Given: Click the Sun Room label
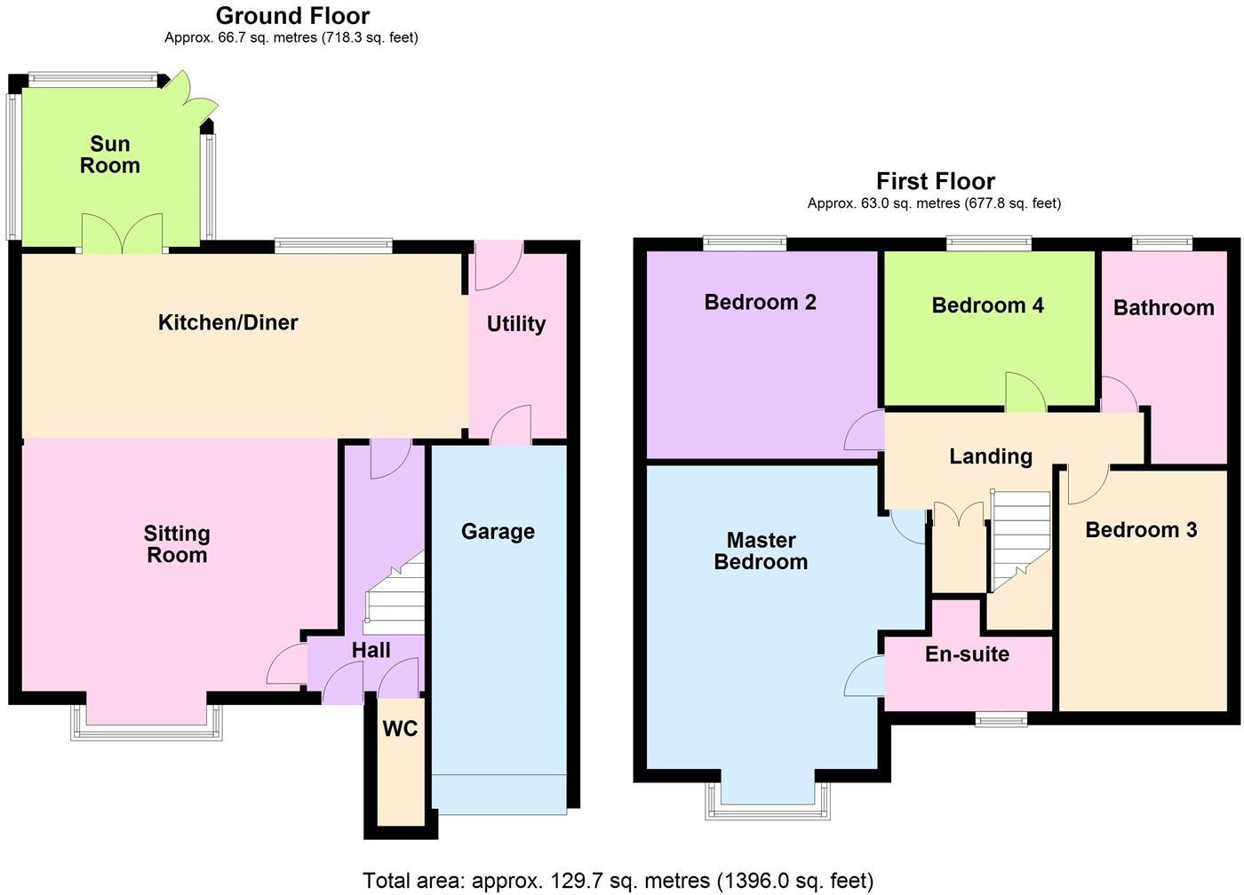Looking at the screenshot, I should pyautogui.click(x=110, y=154).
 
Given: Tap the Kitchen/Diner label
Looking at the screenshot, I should pyautogui.click(x=227, y=322).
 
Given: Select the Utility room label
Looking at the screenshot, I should pyautogui.click(x=515, y=324).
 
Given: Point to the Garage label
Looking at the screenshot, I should pyautogui.click(x=498, y=532).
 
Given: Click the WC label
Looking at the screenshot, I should pyautogui.click(x=400, y=729).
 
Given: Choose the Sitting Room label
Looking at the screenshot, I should pyautogui.click(x=177, y=544).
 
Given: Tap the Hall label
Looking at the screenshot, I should pyautogui.click(x=371, y=650).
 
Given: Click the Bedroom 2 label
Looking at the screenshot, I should pyautogui.click(x=760, y=302).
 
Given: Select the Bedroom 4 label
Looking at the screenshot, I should pyautogui.click(x=987, y=305).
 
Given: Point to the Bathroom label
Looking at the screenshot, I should pyautogui.click(x=1163, y=308).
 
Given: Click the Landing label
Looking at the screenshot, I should pyautogui.click(x=991, y=456).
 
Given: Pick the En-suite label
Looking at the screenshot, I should pyautogui.click(x=967, y=654).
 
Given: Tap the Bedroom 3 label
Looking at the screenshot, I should pyautogui.click(x=1141, y=530).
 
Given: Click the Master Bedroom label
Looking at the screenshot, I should pyautogui.click(x=761, y=551).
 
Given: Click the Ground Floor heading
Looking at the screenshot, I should pyautogui.click(x=292, y=16).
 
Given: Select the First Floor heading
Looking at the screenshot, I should pyautogui.click(x=935, y=181).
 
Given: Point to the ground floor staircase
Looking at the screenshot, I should pyautogui.click(x=394, y=595).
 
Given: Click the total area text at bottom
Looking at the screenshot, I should pyautogui.click(x=618, y=881).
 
